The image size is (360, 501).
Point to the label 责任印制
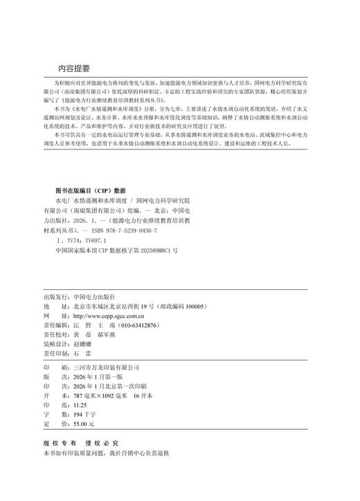[x=55, y=352]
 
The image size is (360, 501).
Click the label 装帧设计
[x=55, y=343]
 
